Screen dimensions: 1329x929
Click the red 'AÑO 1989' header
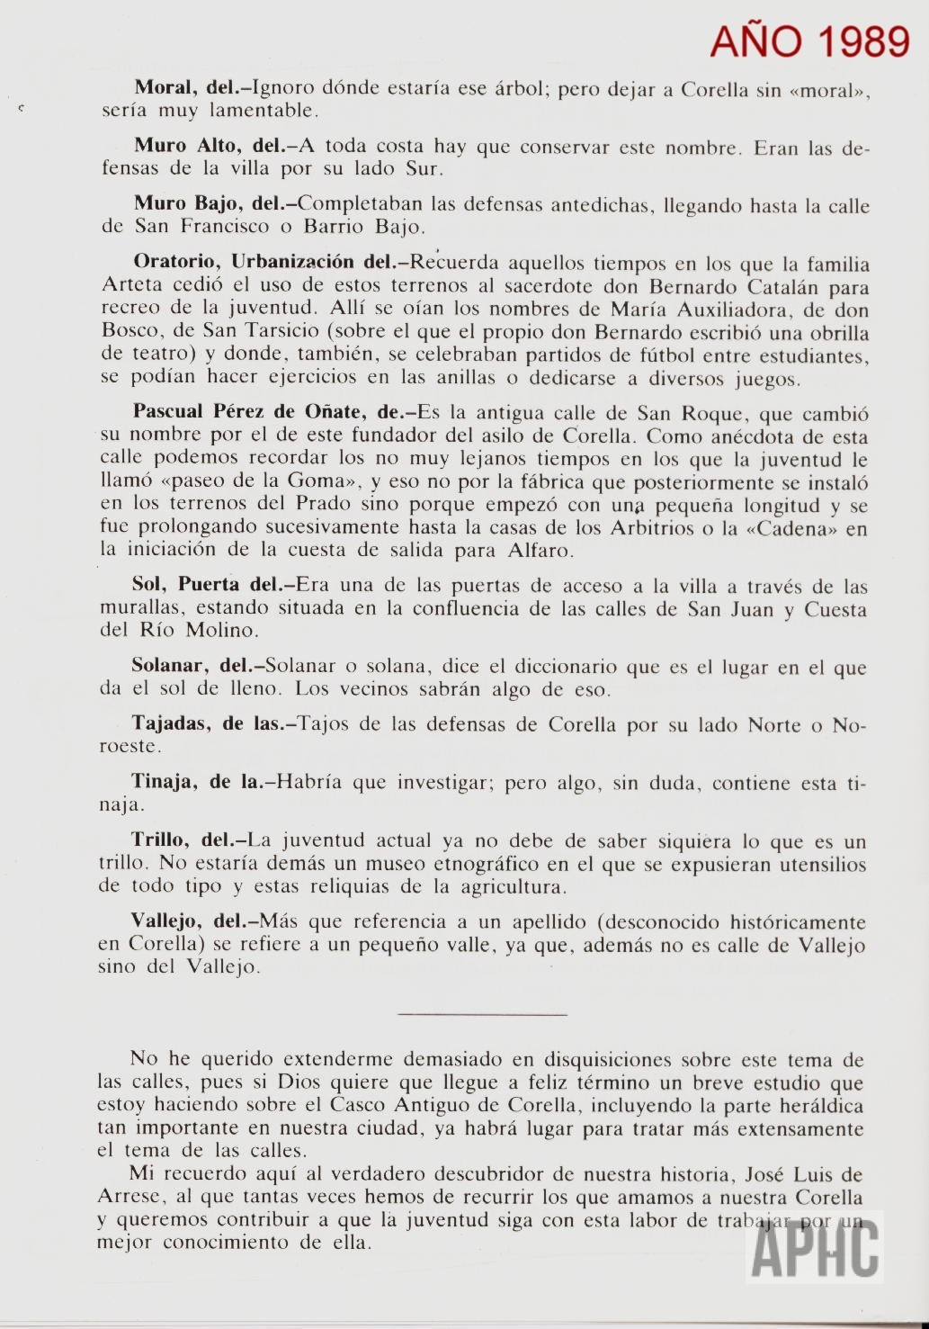tap(809, 40)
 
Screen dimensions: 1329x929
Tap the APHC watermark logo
tap(815, 1247)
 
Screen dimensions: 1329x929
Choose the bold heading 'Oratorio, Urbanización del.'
tap(264, 262)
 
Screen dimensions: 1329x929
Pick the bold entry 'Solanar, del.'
tap(192, 667)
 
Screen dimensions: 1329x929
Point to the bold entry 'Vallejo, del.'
tap(188, 921)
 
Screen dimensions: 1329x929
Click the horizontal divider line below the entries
tap(481, 1015)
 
